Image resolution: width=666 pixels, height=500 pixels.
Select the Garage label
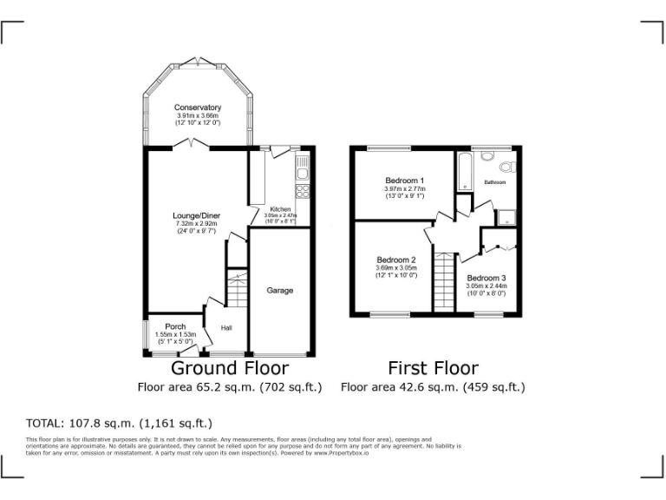tap(279, 290)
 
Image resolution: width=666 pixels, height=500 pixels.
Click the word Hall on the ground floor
tap(226, 328)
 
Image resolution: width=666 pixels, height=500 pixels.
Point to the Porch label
tap(175, 327)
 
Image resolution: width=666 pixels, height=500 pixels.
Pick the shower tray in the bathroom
tap(504, 217)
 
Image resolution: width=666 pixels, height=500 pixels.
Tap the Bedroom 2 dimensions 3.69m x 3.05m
tap(396, 267)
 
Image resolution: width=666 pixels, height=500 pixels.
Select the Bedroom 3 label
tap(486, 278)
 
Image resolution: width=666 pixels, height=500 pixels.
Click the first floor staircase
tap(444, 281)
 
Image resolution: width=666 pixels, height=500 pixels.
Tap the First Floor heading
tap(433, 367)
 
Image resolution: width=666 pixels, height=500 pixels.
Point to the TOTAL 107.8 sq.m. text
tap(120, 424)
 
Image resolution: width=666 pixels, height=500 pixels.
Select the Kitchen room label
tap(280, 209)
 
